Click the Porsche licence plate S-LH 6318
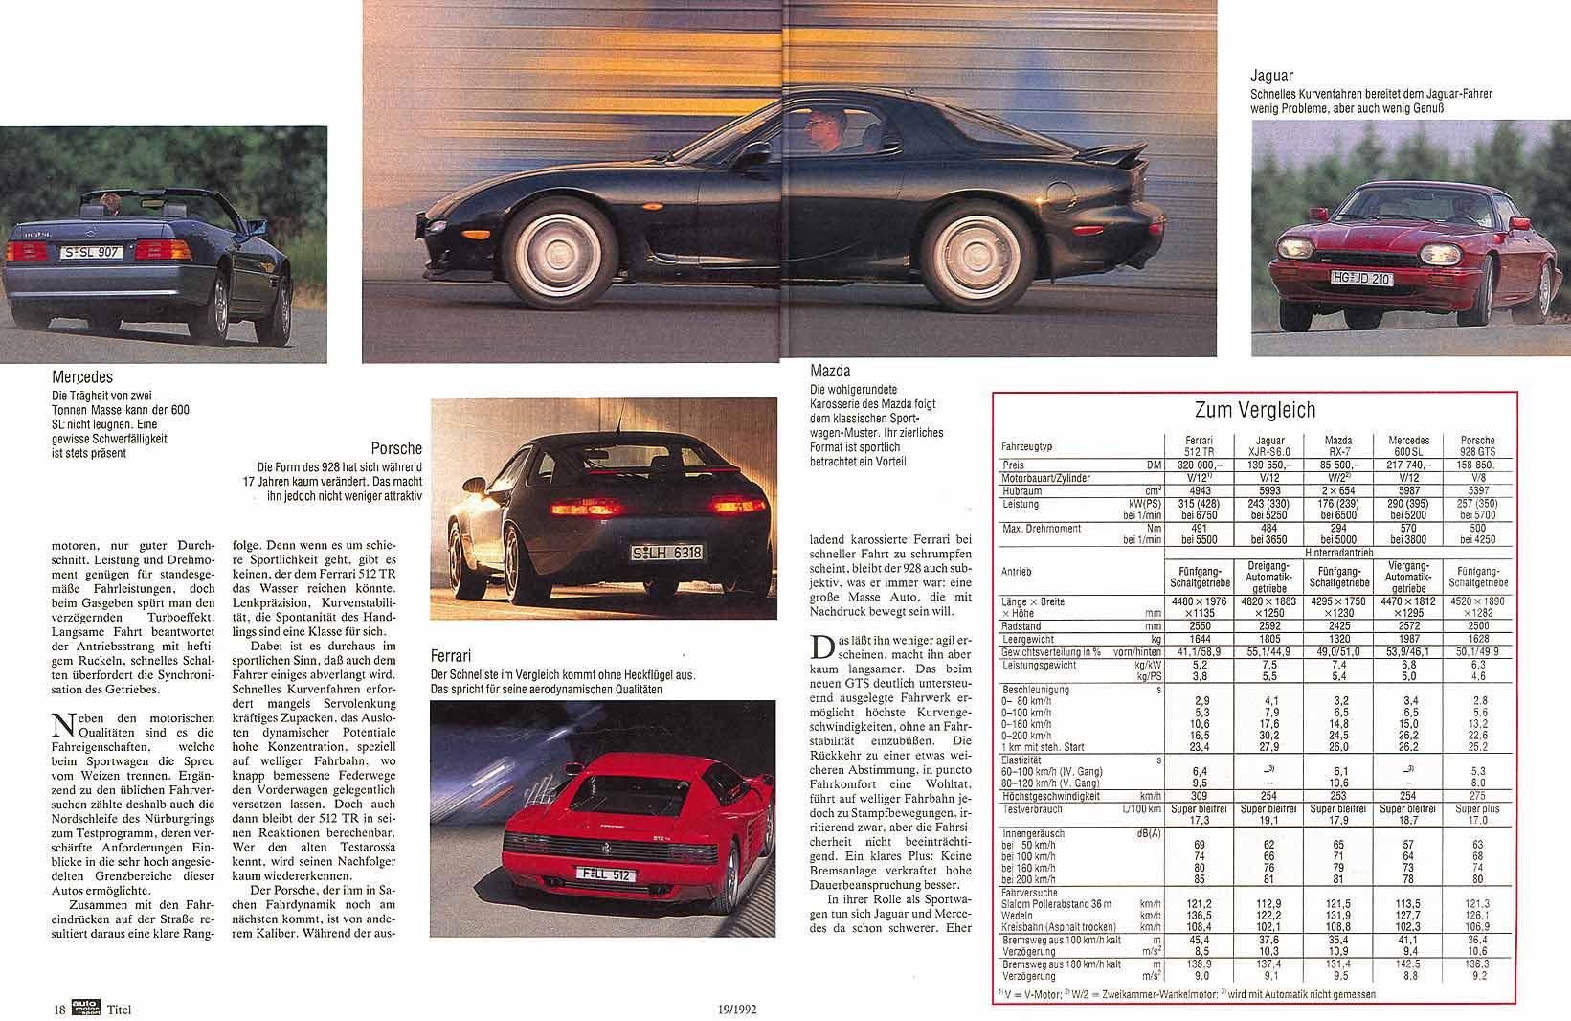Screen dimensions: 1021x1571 [x=667, y=553]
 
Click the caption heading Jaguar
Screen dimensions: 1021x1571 [x=1271, y=75]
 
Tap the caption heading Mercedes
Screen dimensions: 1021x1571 [x=82, y=377]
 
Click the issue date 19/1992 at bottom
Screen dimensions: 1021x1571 [x=745, y=1009]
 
